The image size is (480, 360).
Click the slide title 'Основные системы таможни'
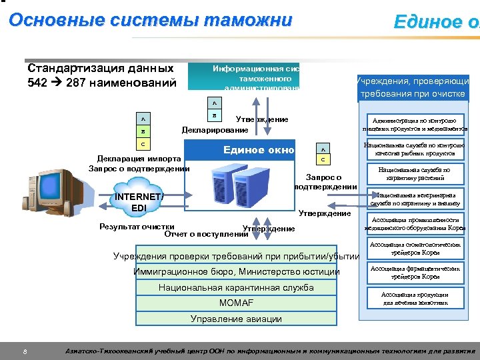coord(150,20)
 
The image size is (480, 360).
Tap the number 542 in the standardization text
coord(39,83)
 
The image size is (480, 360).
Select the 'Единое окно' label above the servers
coord(259,150)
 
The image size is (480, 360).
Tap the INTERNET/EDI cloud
coord(139,202)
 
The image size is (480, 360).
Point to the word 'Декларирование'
coord(215,130)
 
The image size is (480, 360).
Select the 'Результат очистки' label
coord(137,227)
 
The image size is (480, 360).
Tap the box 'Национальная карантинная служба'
coord(236,288)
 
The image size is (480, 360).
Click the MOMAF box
coord(236,303)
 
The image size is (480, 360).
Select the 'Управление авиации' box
coord(236,319)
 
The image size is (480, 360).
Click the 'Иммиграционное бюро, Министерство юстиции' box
coord(236,272)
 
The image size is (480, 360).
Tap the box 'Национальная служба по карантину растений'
coord(414,175)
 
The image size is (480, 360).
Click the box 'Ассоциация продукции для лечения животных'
coord(414,298)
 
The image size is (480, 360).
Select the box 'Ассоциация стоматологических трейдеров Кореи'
coord(414,249)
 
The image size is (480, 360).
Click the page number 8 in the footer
coord(24,351)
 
